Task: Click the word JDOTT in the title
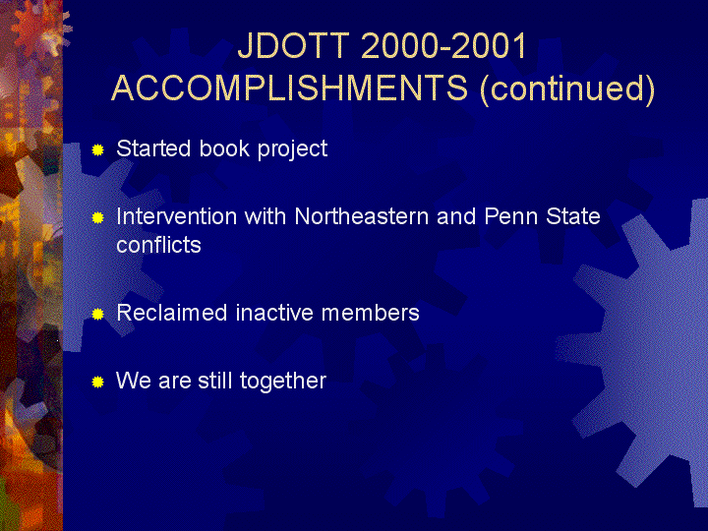[293, 45]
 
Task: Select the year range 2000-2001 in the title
[443, 45]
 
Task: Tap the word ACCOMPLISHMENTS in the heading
[289, 88]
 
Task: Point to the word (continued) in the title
[567, 88]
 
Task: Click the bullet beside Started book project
[97, 149]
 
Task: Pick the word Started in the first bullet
[153, 148]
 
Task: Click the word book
[224, 148]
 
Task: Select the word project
[292, 149]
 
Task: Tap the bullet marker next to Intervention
[97, 218]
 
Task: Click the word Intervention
[176, 216]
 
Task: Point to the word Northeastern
[361, 216]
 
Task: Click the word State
[573, 216]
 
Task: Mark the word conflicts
[158, 245]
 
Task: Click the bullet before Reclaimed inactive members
[97, 315]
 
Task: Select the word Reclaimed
[171, 313]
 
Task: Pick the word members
[371, 313]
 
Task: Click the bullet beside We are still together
[97, 383]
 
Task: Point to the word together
[282, 382]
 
